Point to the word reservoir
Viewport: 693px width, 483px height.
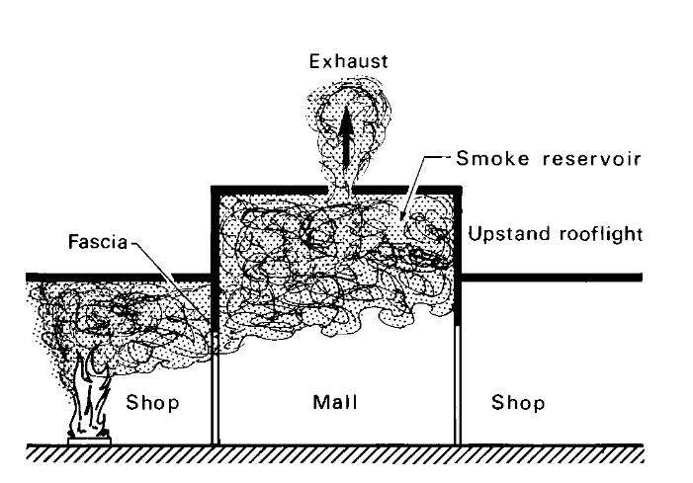pyautogui.click(x=573, y=159)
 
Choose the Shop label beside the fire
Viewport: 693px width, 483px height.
pyautogui.click(x=151, y=404)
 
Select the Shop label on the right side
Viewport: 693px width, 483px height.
pyautogui.click(x=517, y=404)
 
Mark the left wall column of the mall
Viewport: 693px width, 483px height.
pyautogui.click(x=215, y=395)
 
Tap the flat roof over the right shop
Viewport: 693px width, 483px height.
pyautogui.click(x=554, y=278)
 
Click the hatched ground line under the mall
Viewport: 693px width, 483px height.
pyautogui.click(x=336, y=453)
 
